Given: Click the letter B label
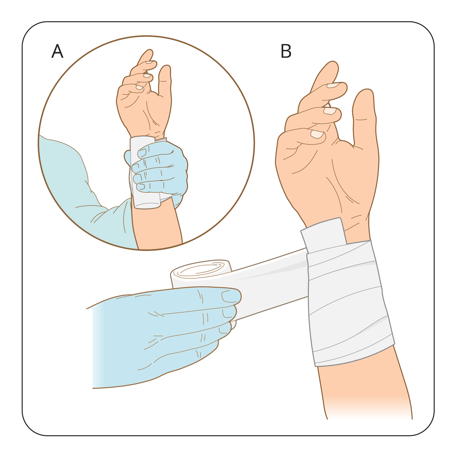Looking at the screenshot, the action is coord(286,51).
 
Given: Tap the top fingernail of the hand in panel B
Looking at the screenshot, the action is coord(333,85).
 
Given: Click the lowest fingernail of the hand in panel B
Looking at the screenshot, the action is coord(317,134).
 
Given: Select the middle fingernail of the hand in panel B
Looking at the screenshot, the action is coord(330,111).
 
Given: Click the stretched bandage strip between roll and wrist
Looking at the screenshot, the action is coord(269,283).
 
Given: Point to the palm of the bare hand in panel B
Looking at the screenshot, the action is coord(329,177).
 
